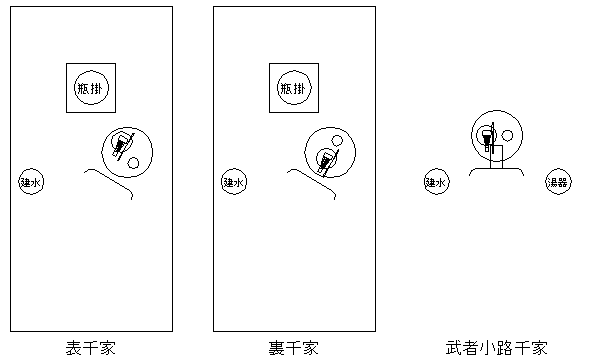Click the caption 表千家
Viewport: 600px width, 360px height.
pos(91,348)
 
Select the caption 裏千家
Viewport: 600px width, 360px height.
pos(293,348)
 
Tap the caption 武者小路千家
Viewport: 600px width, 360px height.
pos(496,348)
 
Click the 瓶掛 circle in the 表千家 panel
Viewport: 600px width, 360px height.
pos(92,88)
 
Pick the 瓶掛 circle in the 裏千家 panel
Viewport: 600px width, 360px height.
pos(294,88)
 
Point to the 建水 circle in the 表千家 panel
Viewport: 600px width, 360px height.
pos(31,183)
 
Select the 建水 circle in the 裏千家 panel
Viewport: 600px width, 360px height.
pos(233,183)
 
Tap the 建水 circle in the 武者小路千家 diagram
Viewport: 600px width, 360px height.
pos(435,183)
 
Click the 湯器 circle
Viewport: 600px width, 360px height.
pos(556,183)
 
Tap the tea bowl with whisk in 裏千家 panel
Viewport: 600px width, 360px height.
pos(326,158)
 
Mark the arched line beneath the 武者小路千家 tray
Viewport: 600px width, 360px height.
pos(496,170)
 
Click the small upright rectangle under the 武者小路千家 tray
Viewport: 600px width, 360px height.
pos(497,156)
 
